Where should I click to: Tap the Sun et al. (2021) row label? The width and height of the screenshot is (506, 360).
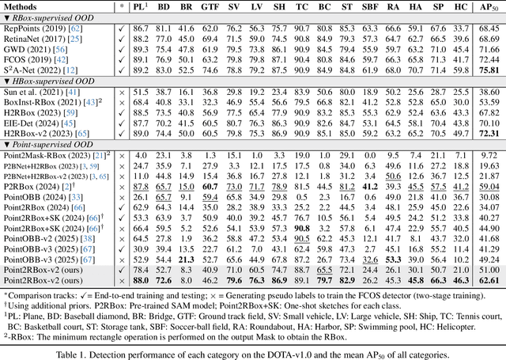click(38, 93)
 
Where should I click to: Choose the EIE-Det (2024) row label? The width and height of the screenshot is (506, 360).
click(36, 123)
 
